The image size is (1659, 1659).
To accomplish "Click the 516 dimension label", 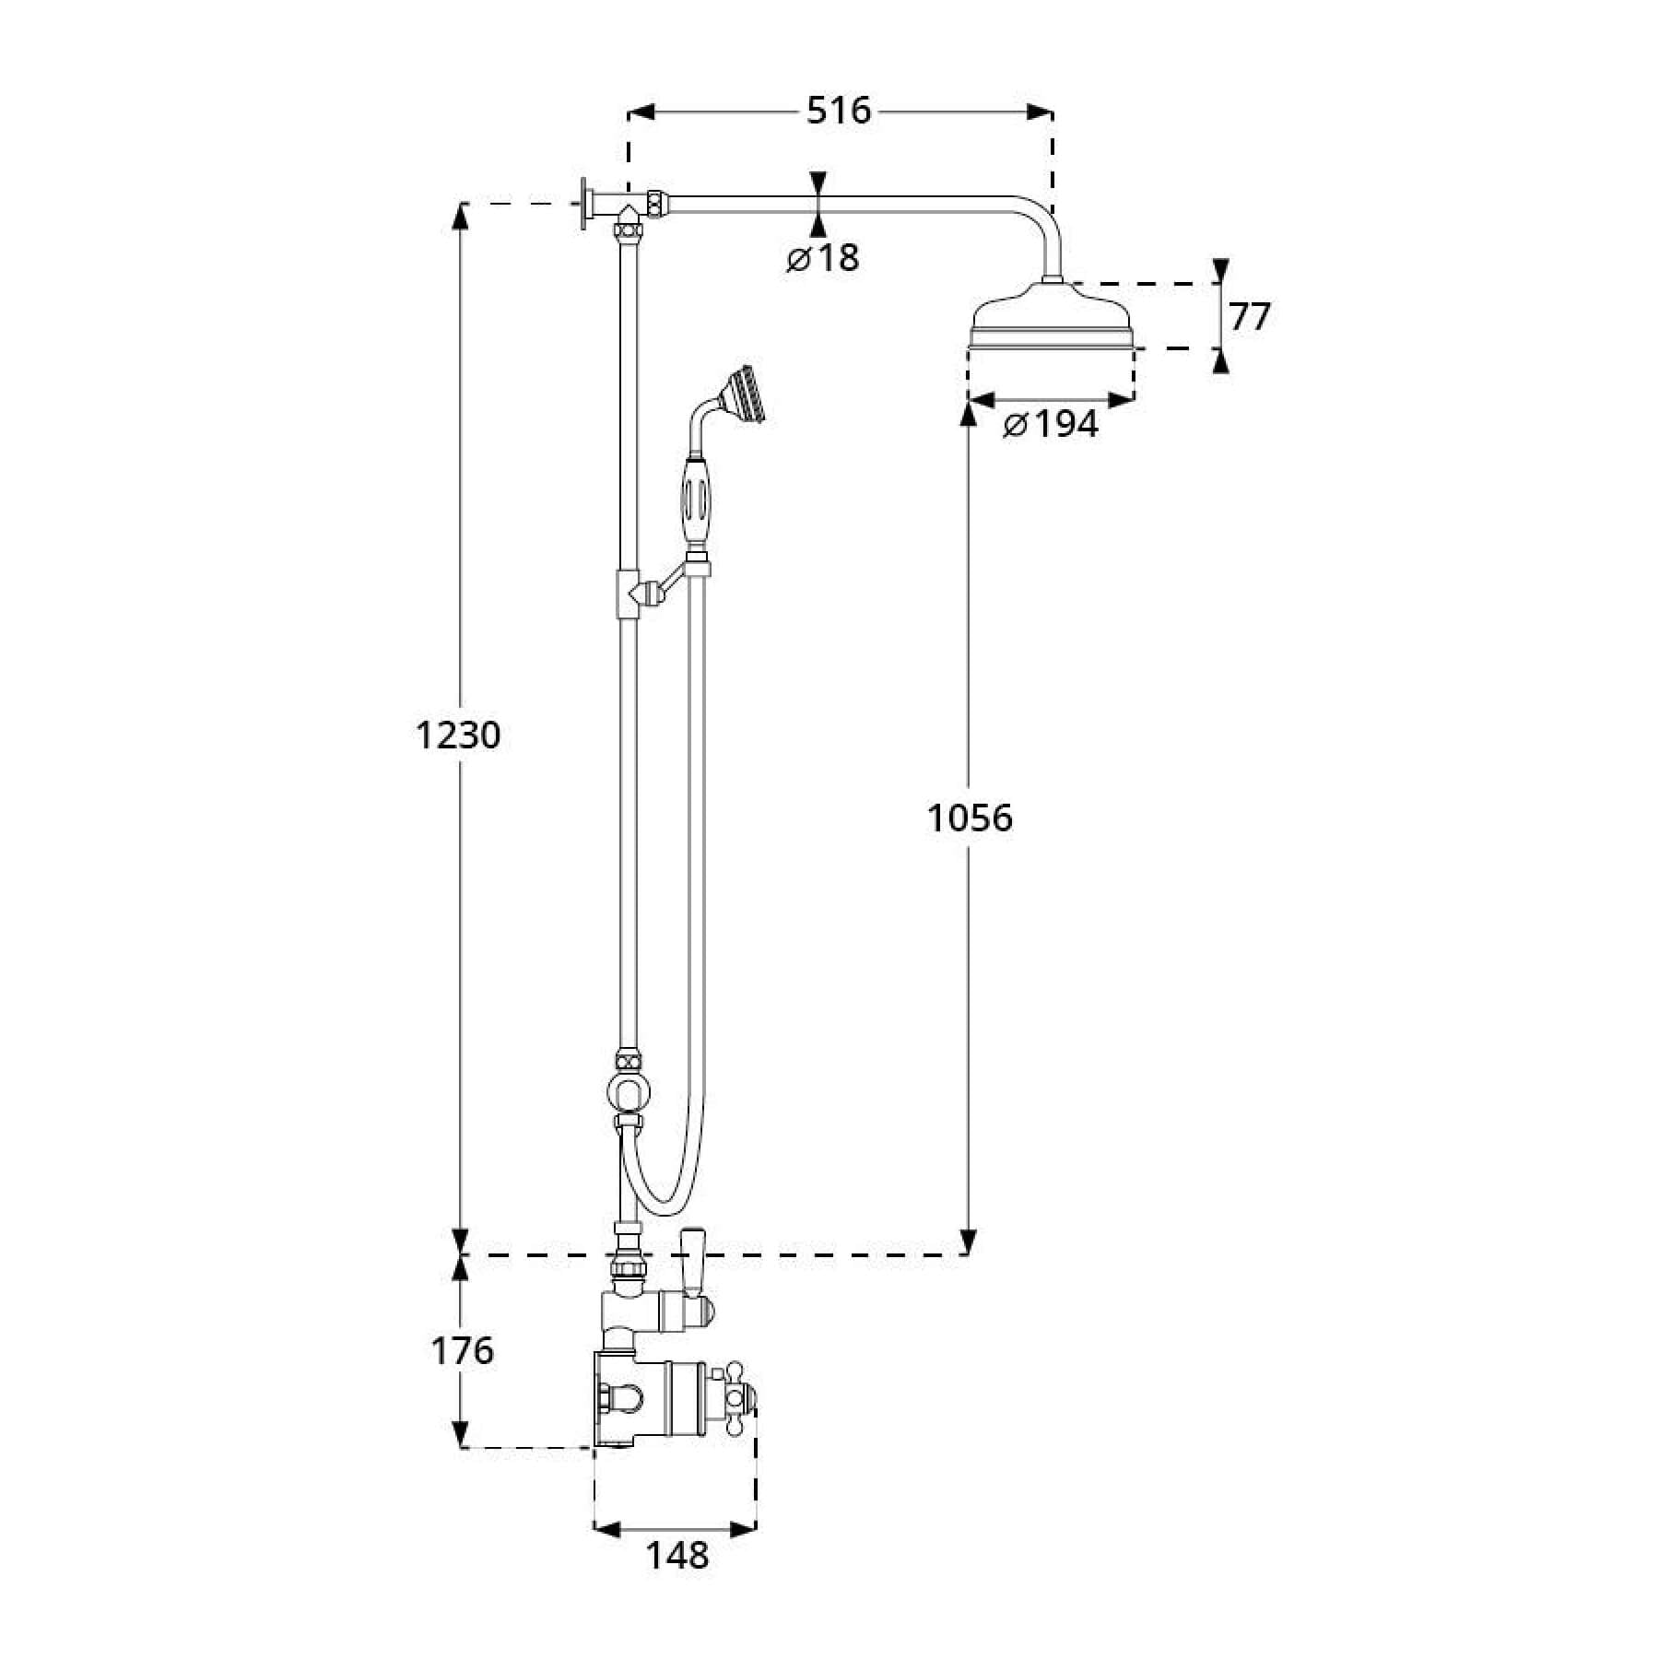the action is point(839,111).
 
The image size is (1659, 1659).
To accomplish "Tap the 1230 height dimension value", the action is point(457,735).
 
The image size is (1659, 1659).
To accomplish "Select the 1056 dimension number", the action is point(970,818).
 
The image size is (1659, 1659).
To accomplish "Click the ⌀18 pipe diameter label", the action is point(822,259).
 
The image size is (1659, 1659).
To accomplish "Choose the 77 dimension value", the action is point(1250,317).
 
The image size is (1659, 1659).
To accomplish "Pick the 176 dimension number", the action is point(463,1351).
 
